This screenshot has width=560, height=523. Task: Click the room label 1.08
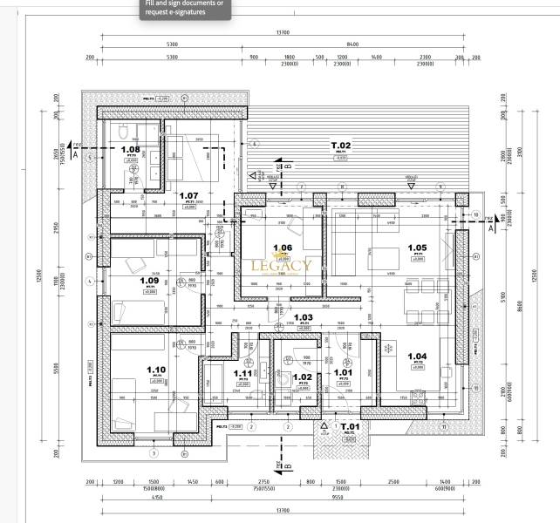pos(130,149)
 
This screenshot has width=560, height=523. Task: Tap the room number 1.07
pos(188,195)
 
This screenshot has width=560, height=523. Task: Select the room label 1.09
pos(149,280)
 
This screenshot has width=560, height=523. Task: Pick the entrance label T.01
pos(348,426)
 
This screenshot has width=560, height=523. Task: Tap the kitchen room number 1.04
pos(417,356)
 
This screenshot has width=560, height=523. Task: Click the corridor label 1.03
pos(304,317)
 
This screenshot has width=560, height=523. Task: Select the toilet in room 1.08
pos(126,132)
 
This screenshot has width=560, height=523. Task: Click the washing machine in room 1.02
pos(283,381)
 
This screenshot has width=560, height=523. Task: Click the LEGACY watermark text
pos(281,266)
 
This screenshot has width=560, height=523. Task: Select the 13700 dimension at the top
pos(282,32)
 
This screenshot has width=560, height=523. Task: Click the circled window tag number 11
pos(443,427)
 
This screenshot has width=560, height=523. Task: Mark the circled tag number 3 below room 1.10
pos(153,453)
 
